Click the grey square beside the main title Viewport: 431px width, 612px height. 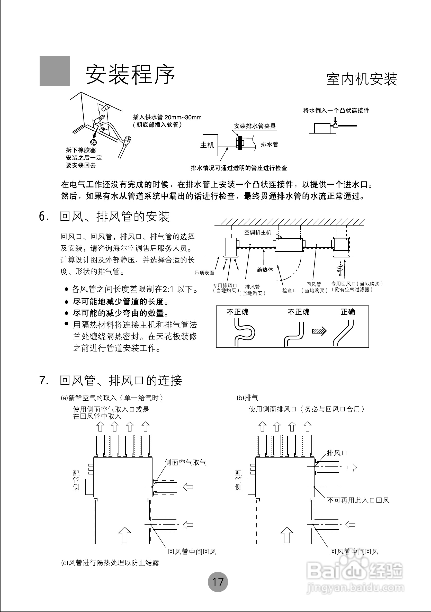pos(55,71)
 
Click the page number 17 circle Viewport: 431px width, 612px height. pos(218,582)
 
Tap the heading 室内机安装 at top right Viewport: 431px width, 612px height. pos(362,79)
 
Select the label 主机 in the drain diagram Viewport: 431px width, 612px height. pos(207,145)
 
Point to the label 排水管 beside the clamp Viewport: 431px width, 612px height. pos(269,145)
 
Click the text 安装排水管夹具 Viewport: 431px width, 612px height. pos(255,126)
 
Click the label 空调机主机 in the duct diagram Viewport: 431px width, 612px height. pos(257,232)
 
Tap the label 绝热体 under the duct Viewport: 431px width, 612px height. pos(265,270)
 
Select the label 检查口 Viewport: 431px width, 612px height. pos(289,291)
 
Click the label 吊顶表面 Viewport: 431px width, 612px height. pos(204,273)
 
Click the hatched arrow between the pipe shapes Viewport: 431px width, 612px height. pos(319,331)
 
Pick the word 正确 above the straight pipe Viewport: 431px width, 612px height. pos(348,312)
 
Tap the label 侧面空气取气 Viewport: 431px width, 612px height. pos(185,462)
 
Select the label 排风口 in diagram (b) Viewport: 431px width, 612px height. pos(337,453)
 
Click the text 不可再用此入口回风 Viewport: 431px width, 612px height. pos(358,500)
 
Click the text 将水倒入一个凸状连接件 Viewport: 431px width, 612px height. pos(336,111)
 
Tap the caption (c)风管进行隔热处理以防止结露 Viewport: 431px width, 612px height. pos(110,563)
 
